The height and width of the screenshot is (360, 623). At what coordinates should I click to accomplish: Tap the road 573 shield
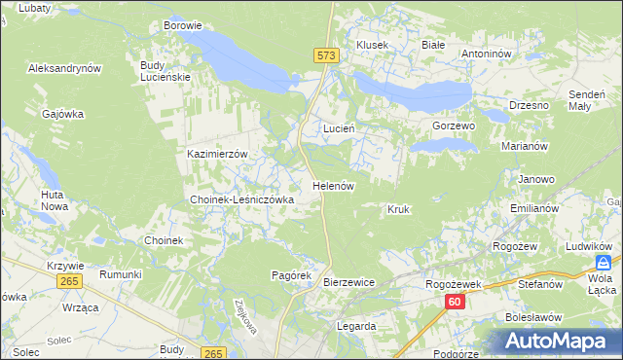coord(326,57)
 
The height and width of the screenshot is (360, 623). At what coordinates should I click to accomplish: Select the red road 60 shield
coord(455,303)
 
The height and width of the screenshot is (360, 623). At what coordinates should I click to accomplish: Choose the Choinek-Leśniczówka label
coord(241,199)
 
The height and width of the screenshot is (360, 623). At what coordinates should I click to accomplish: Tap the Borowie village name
coord(183,25)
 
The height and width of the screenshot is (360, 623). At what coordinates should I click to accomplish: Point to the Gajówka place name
coord(63,114)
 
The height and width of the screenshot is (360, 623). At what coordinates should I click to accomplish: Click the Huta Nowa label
coord(54,200)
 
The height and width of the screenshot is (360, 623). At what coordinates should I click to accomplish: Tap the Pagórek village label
coord(290,275)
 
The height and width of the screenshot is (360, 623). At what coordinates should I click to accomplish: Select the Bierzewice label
coord(348,282)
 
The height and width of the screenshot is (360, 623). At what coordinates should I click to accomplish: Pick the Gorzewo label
coord(453,126)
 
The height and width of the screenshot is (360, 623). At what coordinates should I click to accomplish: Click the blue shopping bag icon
coord(605,264)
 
